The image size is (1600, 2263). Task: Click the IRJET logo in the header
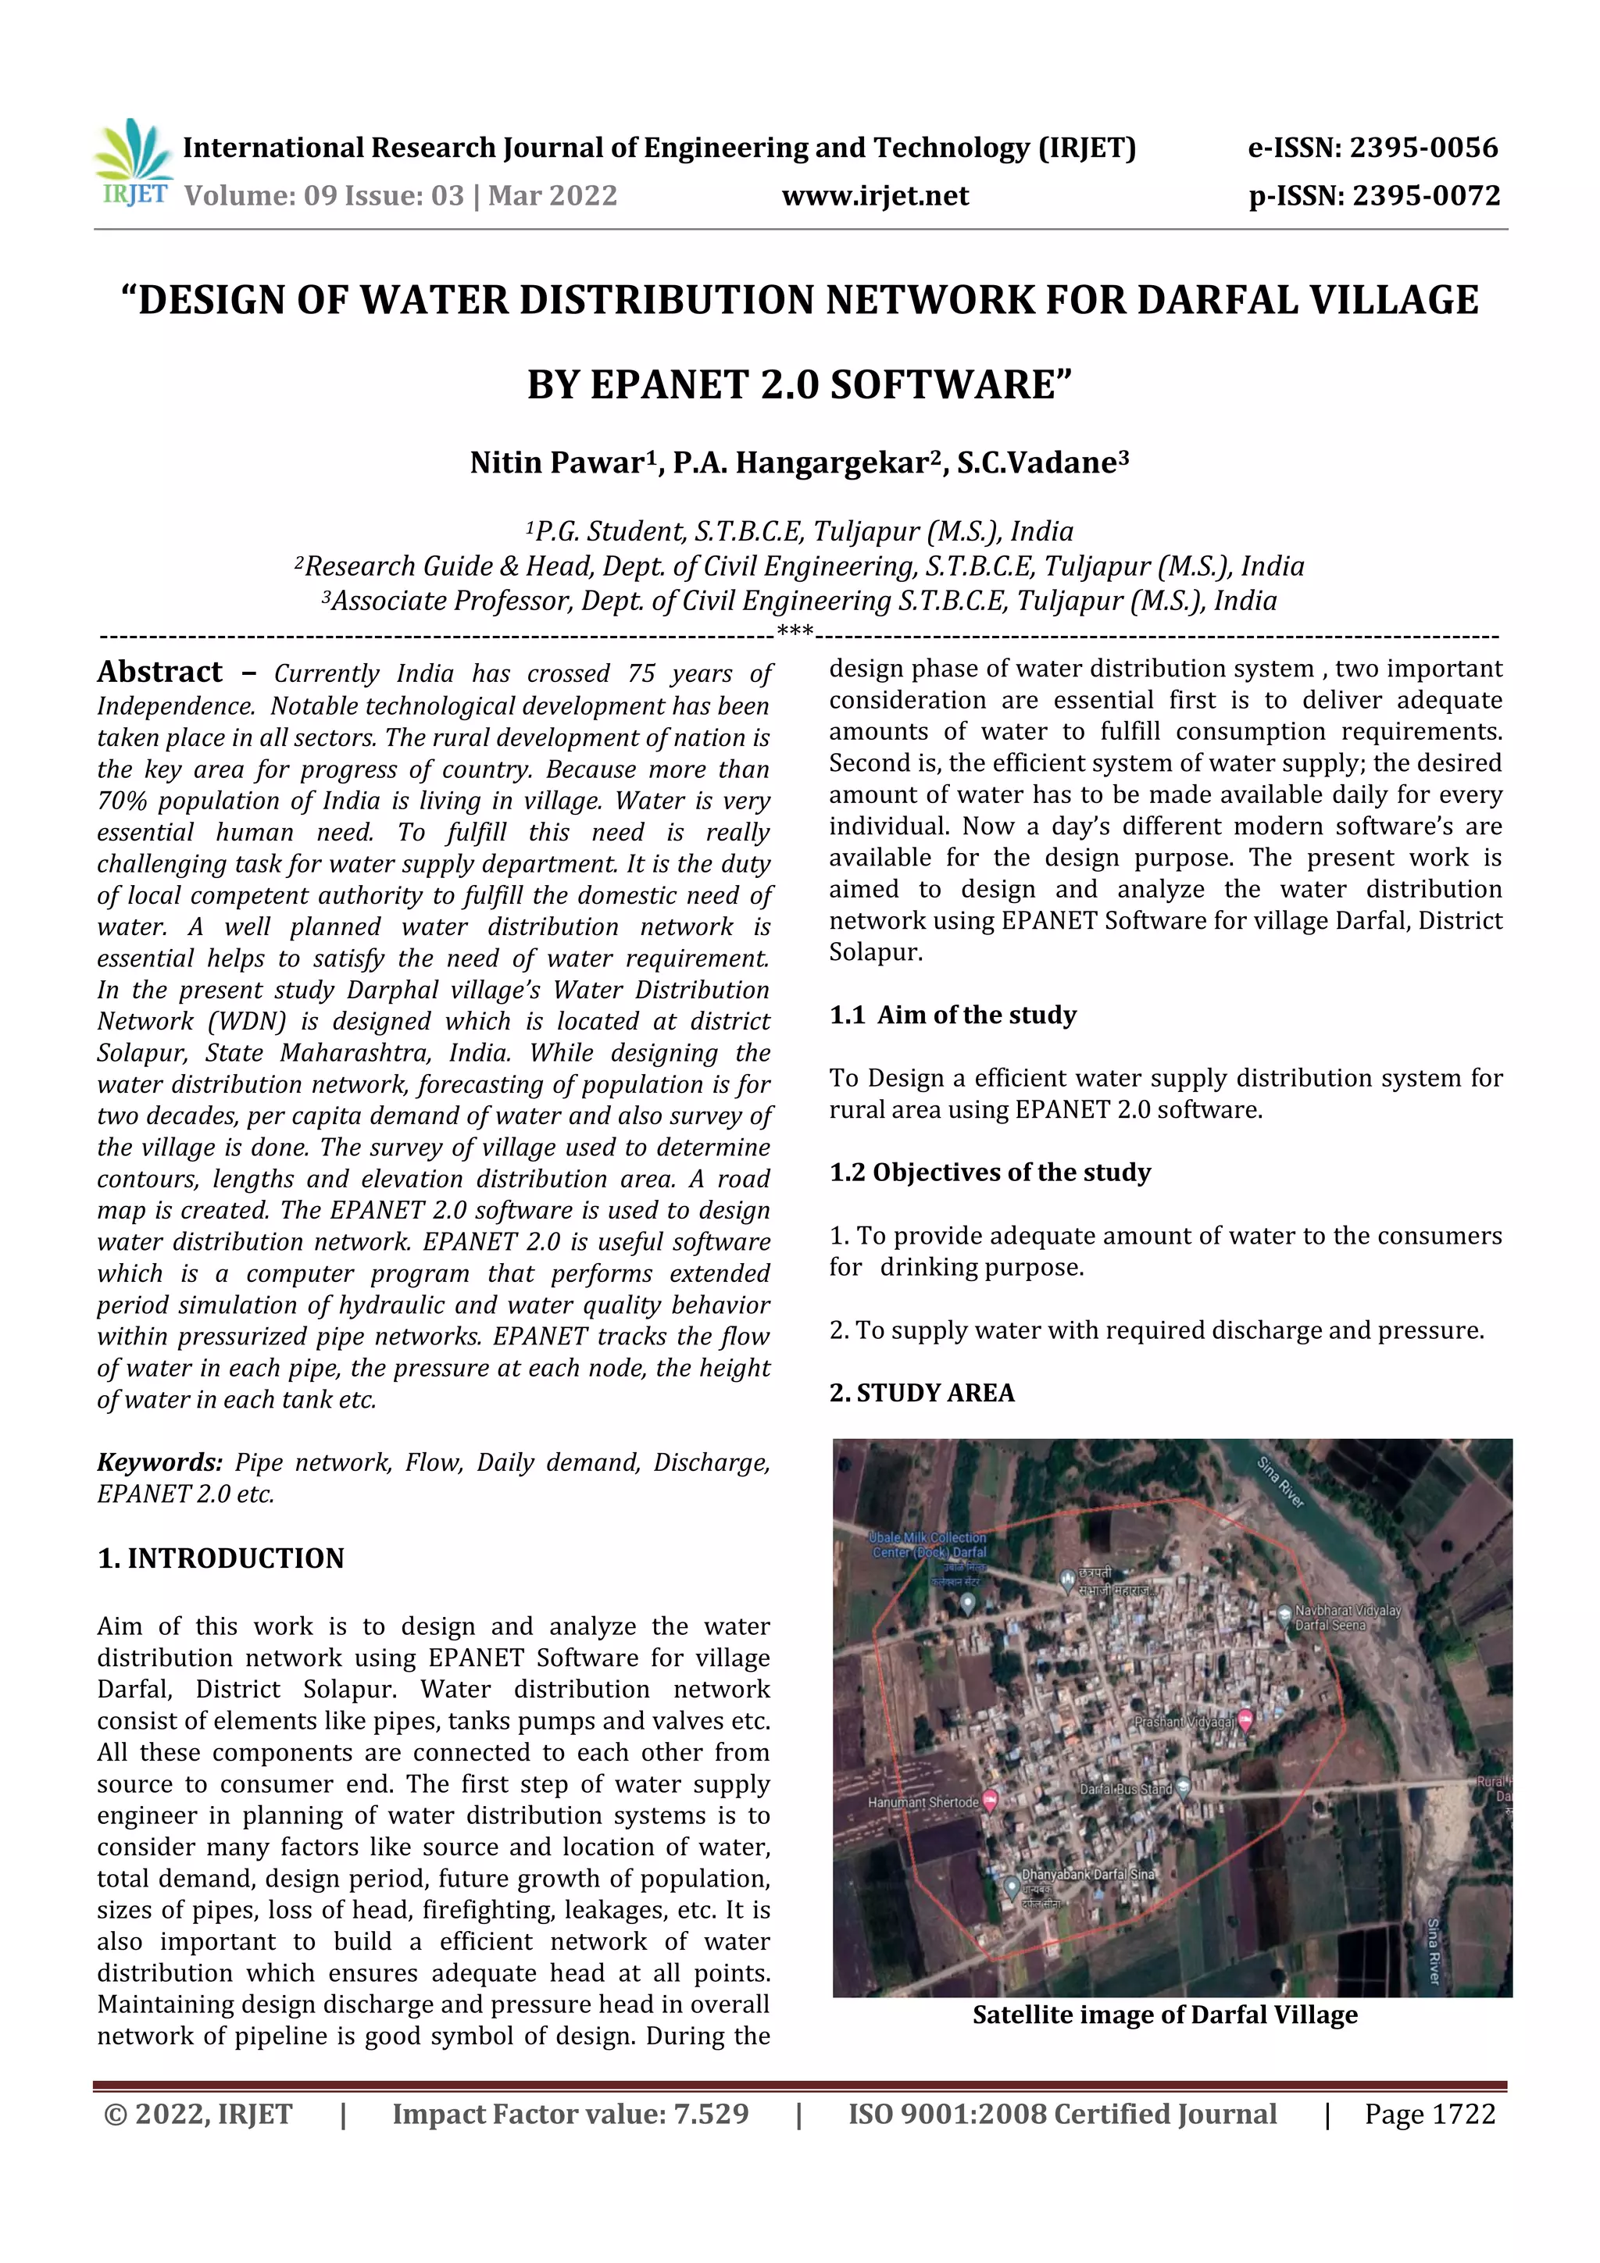point(133,162)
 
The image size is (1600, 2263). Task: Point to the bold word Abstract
point(159,673)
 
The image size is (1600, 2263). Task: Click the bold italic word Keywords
point(159,1462)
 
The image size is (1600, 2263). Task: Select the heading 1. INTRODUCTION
point(221,1558)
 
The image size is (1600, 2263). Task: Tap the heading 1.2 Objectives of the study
point(990,1172)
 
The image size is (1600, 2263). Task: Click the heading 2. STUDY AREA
point(922,1393)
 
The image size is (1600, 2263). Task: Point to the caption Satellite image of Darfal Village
point(1164,2015)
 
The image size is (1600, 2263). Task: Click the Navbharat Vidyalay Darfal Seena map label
point(1345,1618)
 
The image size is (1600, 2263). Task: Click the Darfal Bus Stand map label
point(1126,1789)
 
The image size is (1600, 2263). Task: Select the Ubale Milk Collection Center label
point(927,1544)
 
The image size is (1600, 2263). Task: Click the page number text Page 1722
point(1430,2114)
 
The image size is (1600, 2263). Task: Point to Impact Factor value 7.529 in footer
point(570,2114)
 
